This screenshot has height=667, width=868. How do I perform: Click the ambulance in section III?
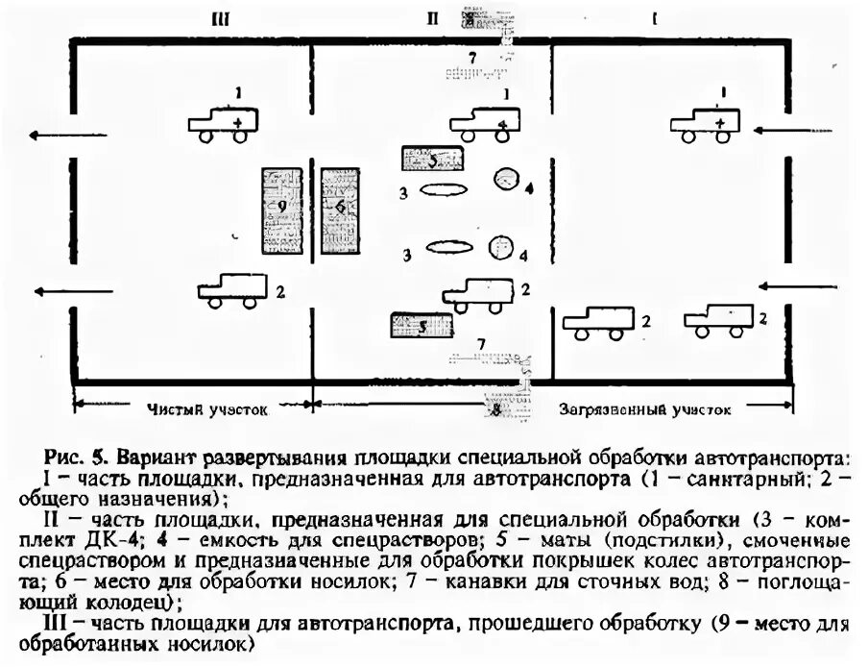(224, 124)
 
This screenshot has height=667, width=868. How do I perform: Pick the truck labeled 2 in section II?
(477, 292)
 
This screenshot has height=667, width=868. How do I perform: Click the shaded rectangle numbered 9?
(280, 211)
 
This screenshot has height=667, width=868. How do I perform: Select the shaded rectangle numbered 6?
(340, 210)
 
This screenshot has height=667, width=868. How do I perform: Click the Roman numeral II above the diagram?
(432, 16)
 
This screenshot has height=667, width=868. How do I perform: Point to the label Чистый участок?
(207, 408)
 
